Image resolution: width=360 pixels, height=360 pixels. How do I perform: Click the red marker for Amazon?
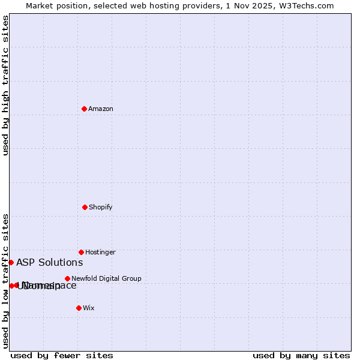[x=84, y=109]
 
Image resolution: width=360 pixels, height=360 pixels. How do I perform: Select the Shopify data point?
[x=85, y=207]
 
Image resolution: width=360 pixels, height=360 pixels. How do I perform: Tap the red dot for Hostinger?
[x=81, y=252]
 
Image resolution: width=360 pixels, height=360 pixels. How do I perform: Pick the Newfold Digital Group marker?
[x=67, y=278]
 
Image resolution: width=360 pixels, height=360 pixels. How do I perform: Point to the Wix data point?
[x=79, y=308]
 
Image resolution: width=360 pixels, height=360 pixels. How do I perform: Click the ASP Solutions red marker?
[x=11, y=262]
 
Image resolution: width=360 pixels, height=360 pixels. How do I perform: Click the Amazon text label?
[x=101, y=109]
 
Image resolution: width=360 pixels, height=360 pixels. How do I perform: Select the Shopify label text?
[x=101, y=207]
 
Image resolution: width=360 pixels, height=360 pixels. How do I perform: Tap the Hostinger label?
[x=100, y=252]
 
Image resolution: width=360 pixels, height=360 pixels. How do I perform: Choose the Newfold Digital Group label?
[x=106, y=278]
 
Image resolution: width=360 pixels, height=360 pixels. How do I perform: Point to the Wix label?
[x=89, y=308]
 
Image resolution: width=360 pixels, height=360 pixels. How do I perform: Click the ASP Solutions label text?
[x=49, y=262]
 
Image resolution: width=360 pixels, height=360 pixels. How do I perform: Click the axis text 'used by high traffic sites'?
[x=5, y=85]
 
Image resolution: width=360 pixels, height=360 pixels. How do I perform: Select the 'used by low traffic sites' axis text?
[x=5, y=280]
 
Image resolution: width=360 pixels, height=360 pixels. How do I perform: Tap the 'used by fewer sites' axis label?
[x=62, y=355]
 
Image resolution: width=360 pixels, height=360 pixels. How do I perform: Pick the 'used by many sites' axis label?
[x=301, y=355]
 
